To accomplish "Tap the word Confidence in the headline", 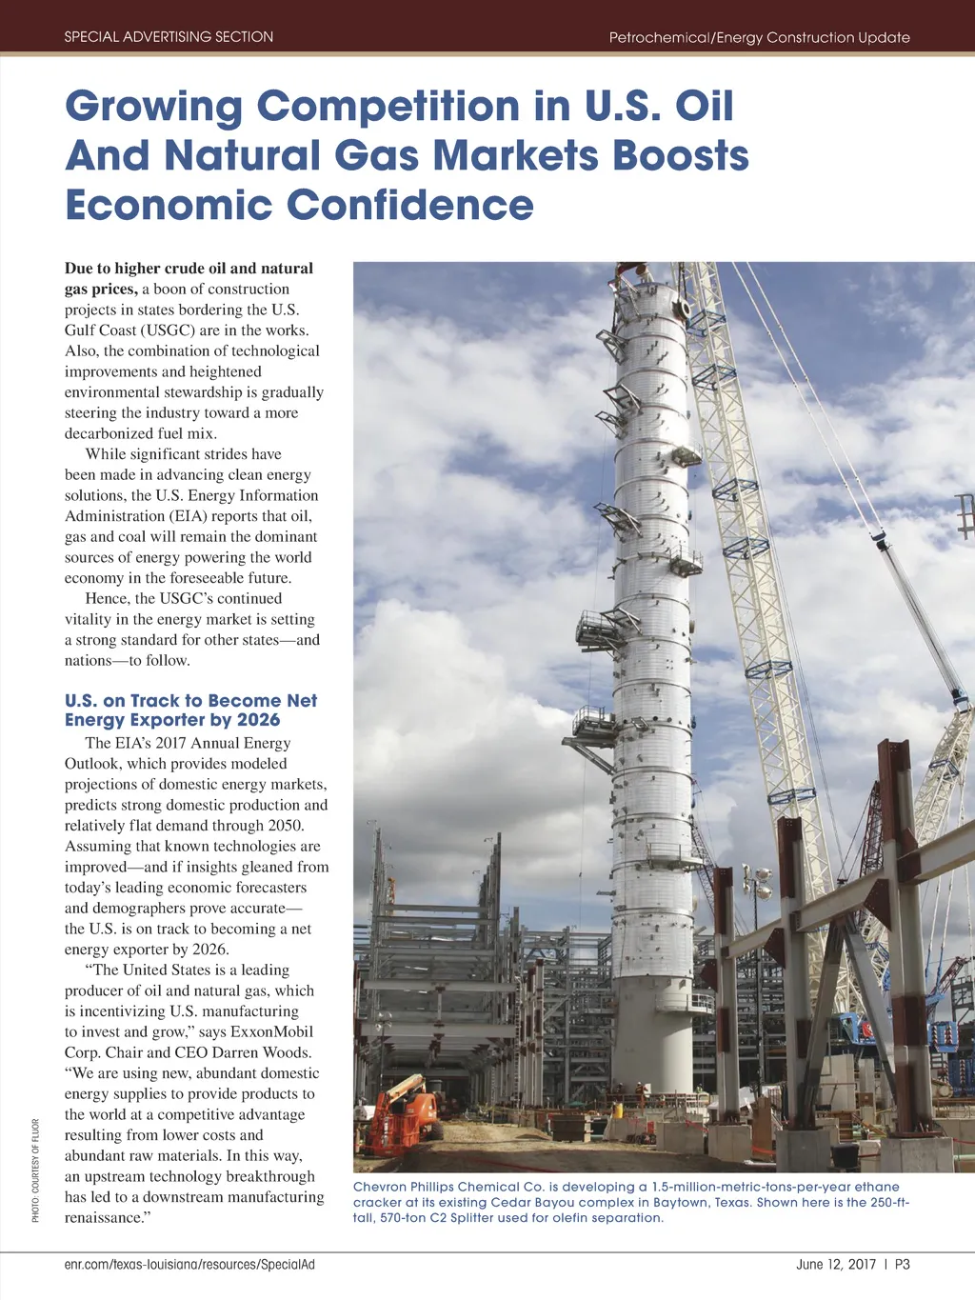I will (410, 205).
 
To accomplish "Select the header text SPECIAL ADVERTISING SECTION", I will (169, 37).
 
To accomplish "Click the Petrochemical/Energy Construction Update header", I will (759, 37).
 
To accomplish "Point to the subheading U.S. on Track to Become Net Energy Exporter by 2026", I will (190, 710).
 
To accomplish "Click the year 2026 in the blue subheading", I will (258, 721).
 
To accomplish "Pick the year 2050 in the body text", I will (283, 826).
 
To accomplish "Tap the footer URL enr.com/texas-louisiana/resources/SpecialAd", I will (189, 1265).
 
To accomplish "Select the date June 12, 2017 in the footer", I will (835, 1265).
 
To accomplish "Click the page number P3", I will (902, 1265).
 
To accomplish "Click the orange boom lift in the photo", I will (405, 1114).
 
